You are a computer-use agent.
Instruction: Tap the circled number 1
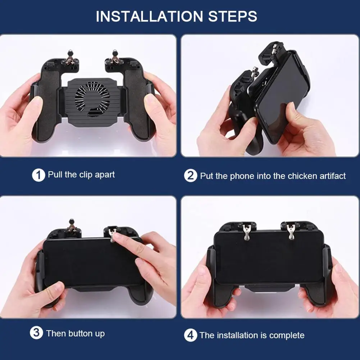coord(38,176)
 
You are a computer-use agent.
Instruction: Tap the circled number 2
coord(191,176)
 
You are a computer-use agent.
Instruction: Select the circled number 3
coord(36,333)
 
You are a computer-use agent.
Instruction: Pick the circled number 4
coord(191,335)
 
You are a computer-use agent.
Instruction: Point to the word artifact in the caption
coord(328,176)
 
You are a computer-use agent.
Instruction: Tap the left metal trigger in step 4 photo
coord(247,232)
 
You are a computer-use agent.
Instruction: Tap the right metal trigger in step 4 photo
coord(291,231)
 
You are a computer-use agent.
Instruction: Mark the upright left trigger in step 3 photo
coord(72,227)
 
